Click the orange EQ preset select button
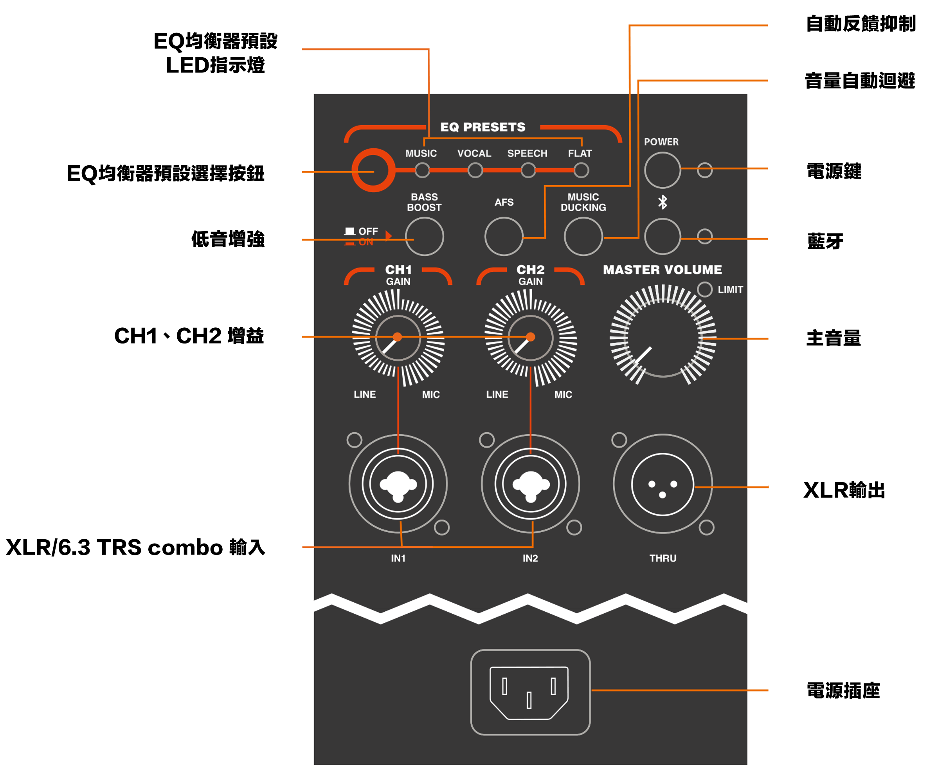click(x=373, y=170)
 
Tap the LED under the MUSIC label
click(x=422, y=170)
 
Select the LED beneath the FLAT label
click(x=581, y=170)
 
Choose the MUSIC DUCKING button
click(x=583, y=237)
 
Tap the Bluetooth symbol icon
click(x=662, y=202)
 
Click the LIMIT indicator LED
click(x=704, y=289)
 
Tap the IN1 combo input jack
click(x=398, y=484)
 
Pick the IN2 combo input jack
click(x=530, y=484)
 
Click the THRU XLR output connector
click(x=662, y=484)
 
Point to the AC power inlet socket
click(x=529, y=692)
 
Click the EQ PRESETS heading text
click(x=483, y=127)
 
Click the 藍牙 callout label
click(x=825, y=241)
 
